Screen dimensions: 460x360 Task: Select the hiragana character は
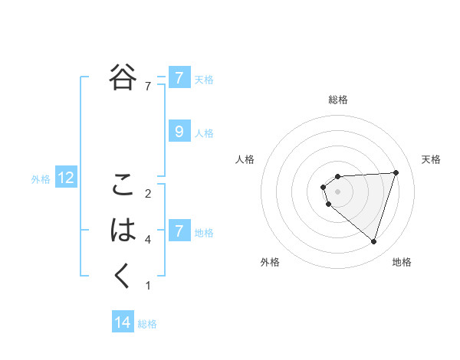point(123,230)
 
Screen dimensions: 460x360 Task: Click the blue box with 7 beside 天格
point(179,77)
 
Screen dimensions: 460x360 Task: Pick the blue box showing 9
point(179,132)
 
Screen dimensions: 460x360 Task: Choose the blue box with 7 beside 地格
point(179,231)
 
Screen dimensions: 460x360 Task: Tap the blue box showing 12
point(66,178)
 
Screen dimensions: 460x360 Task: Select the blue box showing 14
point(123,322)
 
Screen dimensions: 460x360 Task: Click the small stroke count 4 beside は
point(148,240)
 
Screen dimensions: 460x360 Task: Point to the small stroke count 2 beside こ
point(148,193)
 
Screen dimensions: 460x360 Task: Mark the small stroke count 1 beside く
point(148,286)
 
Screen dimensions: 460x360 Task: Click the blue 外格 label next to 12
point(41,179)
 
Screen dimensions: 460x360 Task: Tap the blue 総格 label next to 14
point(147,324)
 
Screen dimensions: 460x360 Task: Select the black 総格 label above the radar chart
point(337,100)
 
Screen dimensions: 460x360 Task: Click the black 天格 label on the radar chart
point(431,159)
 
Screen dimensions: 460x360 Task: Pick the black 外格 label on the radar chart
point(270,262)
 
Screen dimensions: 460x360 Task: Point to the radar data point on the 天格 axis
point(396,172)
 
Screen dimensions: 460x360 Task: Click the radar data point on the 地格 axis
point(373,242)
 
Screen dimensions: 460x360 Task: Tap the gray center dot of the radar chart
point(337,191)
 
